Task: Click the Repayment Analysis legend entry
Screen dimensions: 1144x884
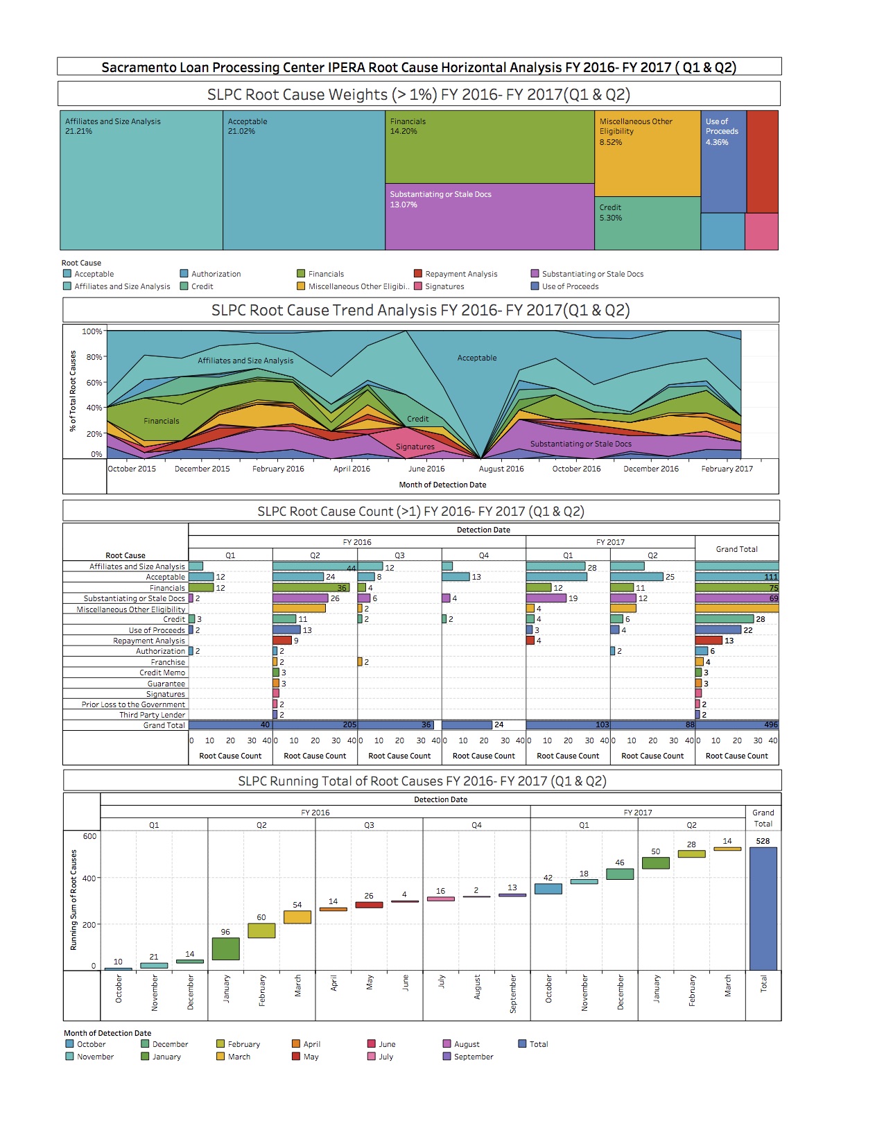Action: pyautogui.click(x=461, y=274)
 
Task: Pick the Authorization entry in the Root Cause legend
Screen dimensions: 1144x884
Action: pyautogui.click(x=216, y=274)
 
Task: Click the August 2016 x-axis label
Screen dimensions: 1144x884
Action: pyautogui.click(x=501, y=469)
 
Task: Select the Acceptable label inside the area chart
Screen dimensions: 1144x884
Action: pyautogui.click(x=477, y=358)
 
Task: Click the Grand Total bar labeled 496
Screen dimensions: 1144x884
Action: pyautogui.click(x=736, y=725)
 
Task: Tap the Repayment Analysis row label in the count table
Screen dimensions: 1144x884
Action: pyautogui.click(x=149, y=641)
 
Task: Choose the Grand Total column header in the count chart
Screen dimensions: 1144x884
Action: pyautogui.click(x=736, y=549)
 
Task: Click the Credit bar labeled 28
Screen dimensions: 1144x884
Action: pyautogui.click(x=725, y=619)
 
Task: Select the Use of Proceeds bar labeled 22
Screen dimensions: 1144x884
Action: pyautogui.click(x=718, y=630)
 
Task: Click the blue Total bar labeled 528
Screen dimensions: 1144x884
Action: pyautogui.click(x=763, y=908)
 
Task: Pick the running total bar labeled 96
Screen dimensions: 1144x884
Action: pyautogui.click(x=225, y=948)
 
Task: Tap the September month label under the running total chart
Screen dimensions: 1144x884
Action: pyautogui.click(x=513, y=994)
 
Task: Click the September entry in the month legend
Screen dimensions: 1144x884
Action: pyautogui.click(x=474, y=1057)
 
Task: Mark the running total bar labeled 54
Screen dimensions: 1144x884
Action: pyautogui.click(x=297, y=917)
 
